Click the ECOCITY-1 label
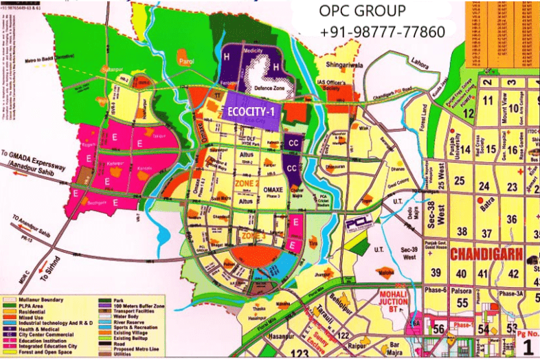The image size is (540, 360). [x=251, y=113]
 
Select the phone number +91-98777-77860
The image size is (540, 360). [x=382, y=32]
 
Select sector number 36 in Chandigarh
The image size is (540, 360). [x=512, y=218]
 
